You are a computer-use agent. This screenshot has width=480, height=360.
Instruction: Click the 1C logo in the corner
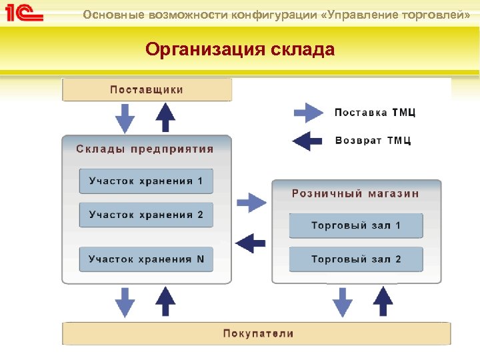coord(25,13)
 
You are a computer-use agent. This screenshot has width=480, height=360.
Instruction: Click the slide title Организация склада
coord(240,49)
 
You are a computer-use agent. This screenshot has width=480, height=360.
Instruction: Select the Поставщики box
coord(147,89)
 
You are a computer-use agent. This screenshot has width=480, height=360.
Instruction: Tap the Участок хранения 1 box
coord(146,181)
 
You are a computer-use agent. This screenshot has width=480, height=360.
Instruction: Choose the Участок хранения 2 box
coord(146,215)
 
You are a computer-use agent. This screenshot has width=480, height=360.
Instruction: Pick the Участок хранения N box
coord(146,259)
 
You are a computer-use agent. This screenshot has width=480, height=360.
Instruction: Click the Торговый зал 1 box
coord(356,225)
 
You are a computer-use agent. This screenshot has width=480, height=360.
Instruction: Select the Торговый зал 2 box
coord(356,259)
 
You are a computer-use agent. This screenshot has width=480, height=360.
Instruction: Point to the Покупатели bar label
coord(258,333)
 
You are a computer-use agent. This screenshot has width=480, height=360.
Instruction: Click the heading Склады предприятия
coord(145,149)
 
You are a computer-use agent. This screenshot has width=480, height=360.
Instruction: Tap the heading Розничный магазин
coord(355,193)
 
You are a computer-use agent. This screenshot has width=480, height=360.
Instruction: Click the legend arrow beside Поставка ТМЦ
coord(309,113)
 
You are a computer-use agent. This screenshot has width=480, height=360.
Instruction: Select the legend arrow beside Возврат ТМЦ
coord(307,141)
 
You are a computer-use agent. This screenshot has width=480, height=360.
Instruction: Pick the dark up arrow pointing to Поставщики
coord(165,118)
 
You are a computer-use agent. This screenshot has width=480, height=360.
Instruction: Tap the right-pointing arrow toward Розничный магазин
coord(252,202)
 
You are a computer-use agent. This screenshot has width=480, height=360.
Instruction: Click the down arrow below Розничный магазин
coord(343,301)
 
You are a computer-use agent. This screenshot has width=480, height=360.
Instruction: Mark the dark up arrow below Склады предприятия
coord(165,301)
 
